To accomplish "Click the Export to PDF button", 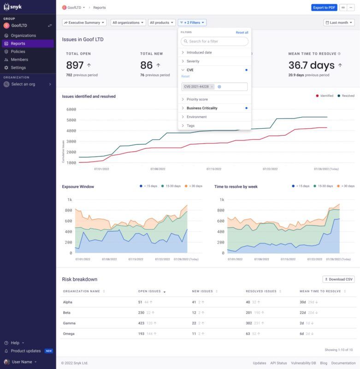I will pos(324,7).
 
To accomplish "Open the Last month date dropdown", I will pos(339,22).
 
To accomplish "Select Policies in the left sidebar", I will pos(18,52).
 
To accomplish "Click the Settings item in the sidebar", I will pos(18,67).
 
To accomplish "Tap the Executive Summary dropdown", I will pos(84,22).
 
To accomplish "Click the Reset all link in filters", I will pos(242,32).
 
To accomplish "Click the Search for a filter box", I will pos(214,42).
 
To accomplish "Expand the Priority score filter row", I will pos(197,99).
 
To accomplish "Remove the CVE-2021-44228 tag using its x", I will pos(212,87).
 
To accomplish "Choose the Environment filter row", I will pos(196,117).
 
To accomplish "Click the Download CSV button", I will pos(338,279).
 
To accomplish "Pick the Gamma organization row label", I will pos(70,323).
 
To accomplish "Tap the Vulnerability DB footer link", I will pos(303,363).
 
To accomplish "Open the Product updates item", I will pos(25,351).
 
